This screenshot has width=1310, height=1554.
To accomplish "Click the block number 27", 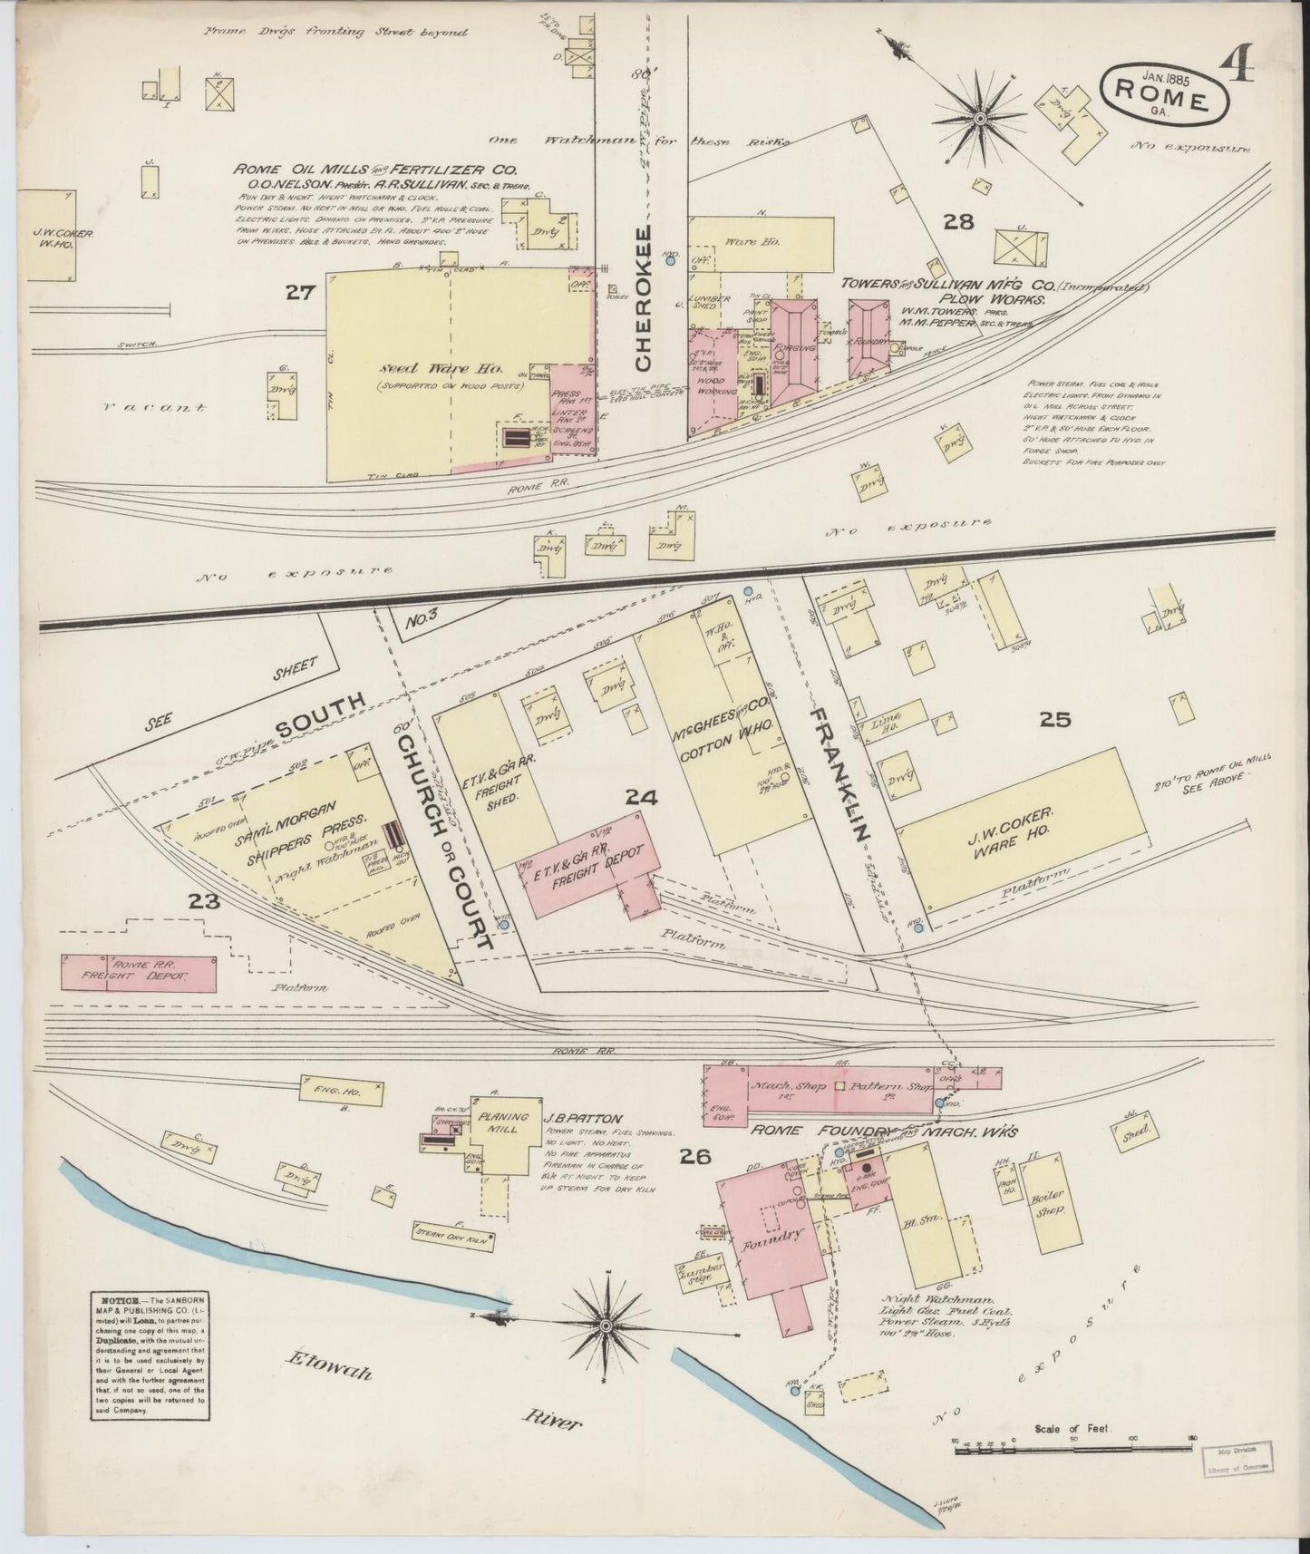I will point(299,292).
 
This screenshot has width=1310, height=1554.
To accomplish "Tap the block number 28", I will point(957,220).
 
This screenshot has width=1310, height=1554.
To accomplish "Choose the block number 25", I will point(1055,720).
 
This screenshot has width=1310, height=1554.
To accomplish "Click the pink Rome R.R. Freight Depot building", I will point(139,972).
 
